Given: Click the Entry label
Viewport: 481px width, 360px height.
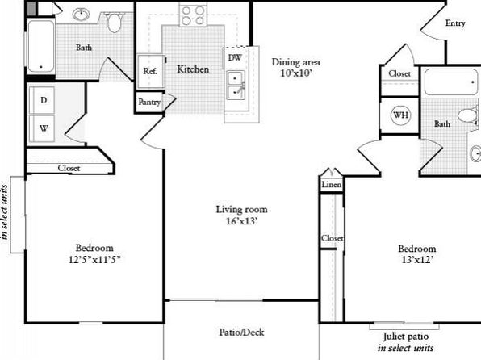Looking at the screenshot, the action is click(455, 23).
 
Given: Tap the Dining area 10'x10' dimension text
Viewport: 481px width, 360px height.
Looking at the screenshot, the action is click(296, 73).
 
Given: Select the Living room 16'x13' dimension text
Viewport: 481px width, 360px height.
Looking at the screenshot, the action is click(242, 221).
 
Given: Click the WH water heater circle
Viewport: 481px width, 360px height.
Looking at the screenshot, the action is click(400, 115).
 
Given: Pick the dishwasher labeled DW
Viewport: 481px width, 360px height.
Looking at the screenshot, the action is click(235, 57).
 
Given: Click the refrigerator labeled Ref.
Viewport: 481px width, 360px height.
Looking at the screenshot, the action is click(150, 71).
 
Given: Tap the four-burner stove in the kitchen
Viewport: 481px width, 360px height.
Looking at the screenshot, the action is click(193, 15).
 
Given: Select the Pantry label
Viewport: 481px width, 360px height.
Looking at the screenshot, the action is click(149, 102).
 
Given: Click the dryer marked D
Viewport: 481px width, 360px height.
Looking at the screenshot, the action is click(43, 100).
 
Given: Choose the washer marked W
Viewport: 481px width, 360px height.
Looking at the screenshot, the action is click(43, 128).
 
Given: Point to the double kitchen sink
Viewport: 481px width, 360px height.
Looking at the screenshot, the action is click(236, 85).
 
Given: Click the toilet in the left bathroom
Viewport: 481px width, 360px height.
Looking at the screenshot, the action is click(114, 22).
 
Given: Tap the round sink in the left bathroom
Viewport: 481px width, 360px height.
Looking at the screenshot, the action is click(81, 14).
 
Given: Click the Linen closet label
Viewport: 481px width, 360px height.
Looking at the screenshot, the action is click(332, 185).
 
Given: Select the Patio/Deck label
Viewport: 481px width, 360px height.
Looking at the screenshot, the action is click(241, 332).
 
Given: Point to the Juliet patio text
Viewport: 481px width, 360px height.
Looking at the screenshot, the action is click(405, 337).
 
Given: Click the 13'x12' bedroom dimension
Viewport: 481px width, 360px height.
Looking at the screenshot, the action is click(417, 260).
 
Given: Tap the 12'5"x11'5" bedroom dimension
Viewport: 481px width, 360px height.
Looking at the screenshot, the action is click(94, 260).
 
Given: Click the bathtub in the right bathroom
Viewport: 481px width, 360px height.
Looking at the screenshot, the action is click(451, 82).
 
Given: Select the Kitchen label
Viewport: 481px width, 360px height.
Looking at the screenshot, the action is click(193, 69).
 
